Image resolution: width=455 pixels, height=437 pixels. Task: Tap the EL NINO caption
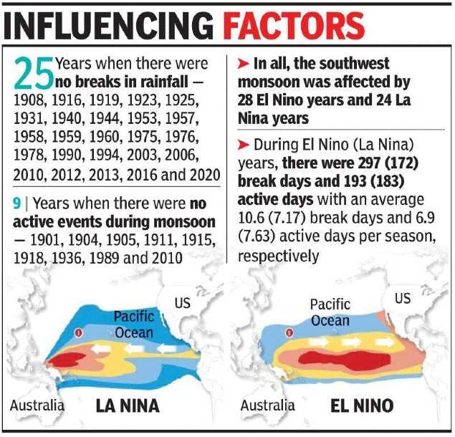click(362, 406)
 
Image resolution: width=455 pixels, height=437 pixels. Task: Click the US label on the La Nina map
click(183, 303)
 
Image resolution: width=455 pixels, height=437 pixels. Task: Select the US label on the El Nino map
click(403, 297)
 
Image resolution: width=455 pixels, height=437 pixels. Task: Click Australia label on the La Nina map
click(37, 405)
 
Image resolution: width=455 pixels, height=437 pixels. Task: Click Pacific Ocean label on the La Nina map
click(134, 325)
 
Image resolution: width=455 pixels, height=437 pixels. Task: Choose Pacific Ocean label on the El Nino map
click(330, 312)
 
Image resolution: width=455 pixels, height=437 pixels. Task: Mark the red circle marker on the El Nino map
click(289, 332)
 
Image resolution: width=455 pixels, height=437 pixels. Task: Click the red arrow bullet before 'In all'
click(243, 65)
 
